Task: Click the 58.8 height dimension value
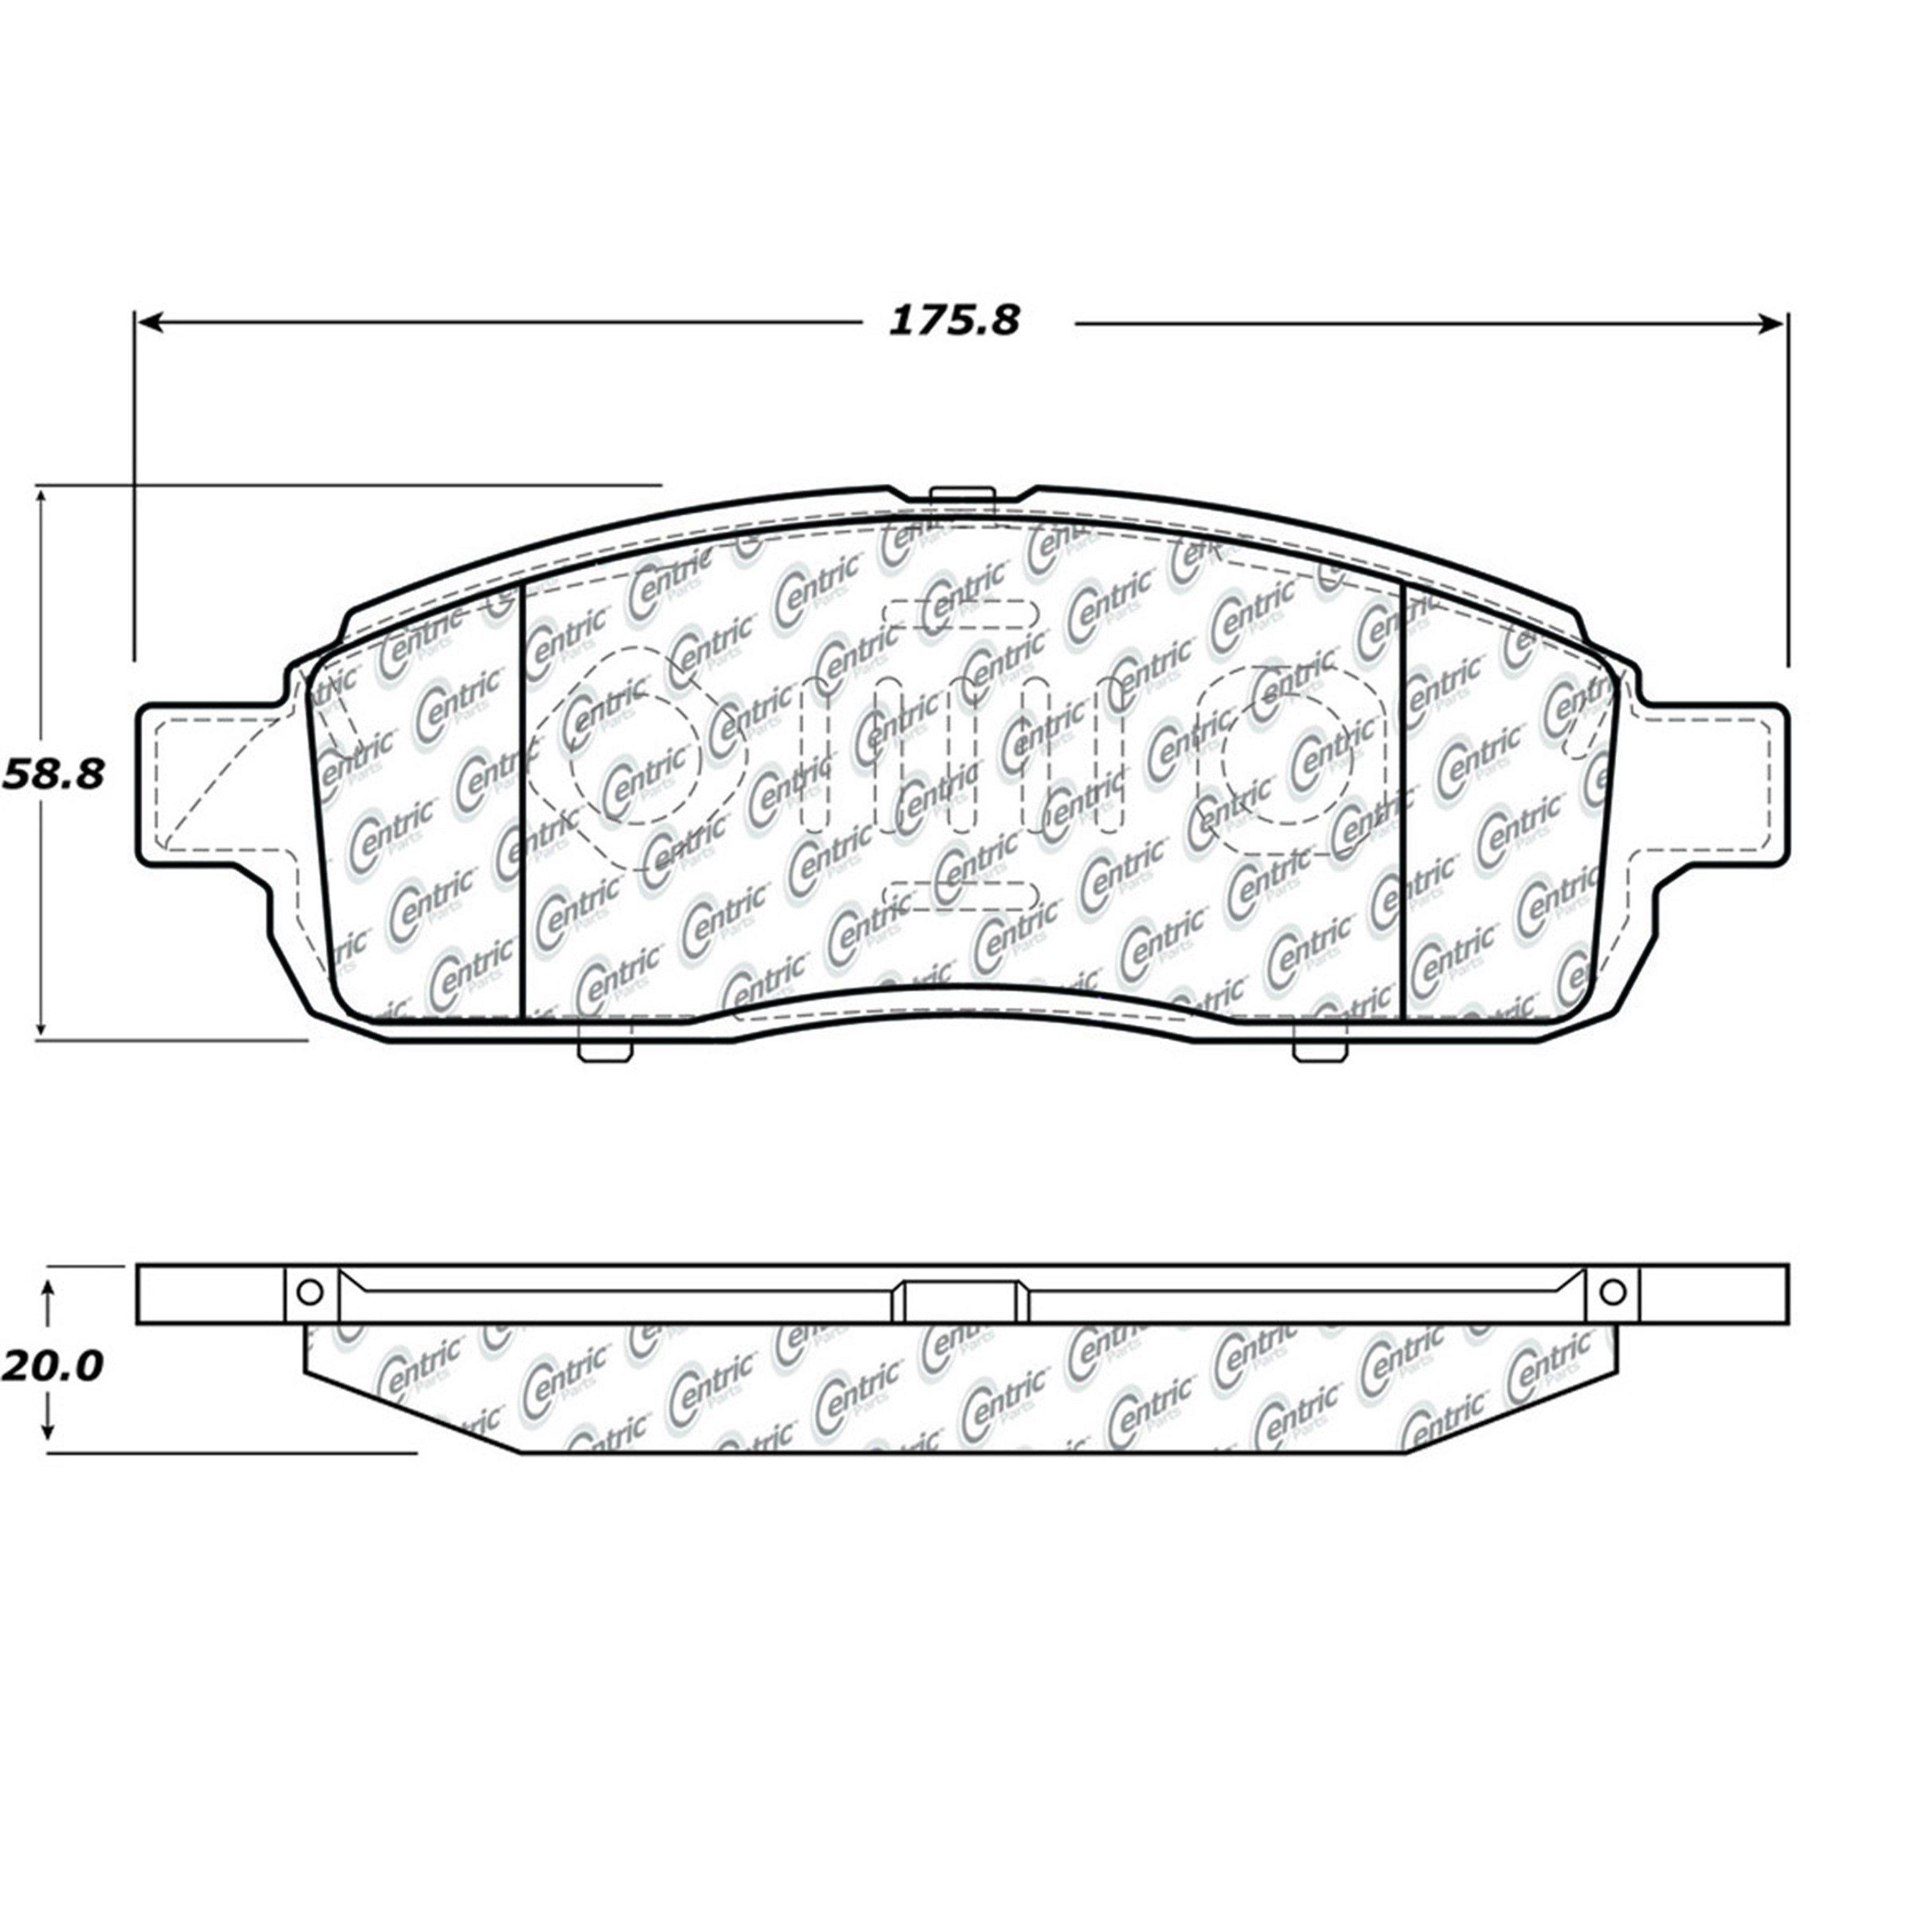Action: click(x=54, y=775)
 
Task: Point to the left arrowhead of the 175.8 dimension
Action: click(x=149, y=322)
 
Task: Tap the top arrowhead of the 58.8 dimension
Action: click(x=41, y=499)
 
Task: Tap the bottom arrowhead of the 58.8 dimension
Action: click(x=41, y=1025)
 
